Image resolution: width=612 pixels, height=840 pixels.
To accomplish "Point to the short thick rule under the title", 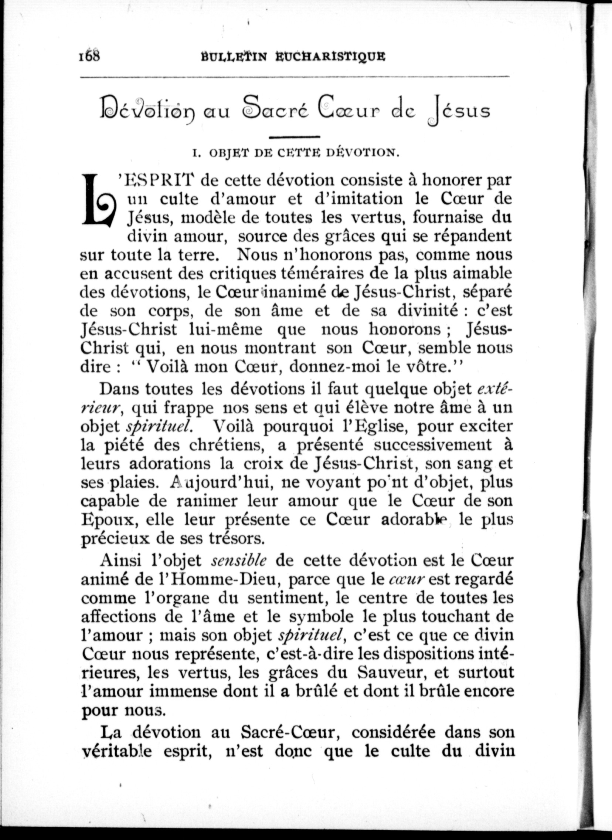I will tap(295, 138).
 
